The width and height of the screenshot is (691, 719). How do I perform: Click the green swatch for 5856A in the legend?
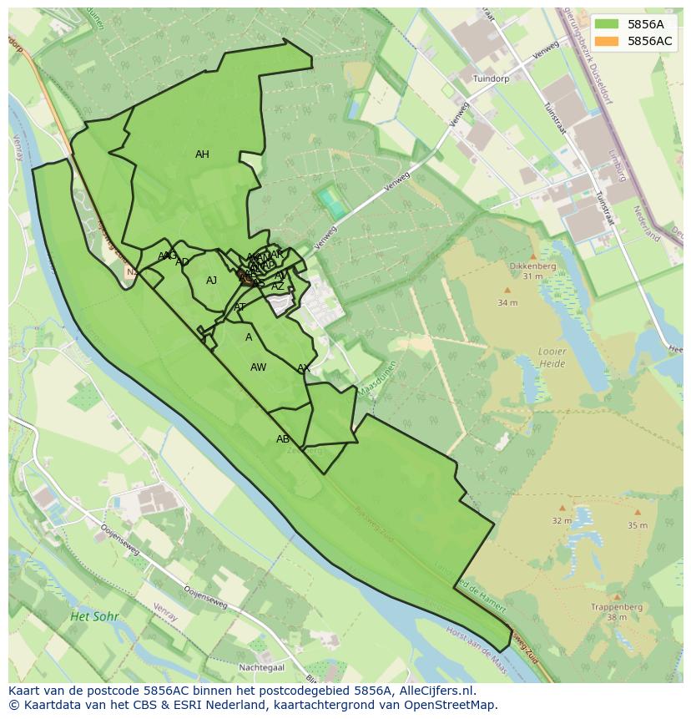607,24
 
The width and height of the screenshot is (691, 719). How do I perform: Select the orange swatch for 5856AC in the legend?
607,41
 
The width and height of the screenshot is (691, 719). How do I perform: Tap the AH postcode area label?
202,154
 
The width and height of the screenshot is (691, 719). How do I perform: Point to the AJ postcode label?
211,281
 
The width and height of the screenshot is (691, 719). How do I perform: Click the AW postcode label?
258,367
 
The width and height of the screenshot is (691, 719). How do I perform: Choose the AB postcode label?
283,439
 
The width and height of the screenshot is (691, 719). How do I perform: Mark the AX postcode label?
304,368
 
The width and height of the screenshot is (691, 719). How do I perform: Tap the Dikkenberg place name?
532,266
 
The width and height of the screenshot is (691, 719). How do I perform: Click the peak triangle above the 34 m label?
507,291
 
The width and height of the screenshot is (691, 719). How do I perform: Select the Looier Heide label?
551,358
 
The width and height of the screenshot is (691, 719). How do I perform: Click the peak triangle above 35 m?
638,512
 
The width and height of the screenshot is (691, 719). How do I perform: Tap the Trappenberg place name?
616,607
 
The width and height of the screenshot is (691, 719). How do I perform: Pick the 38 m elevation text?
617,618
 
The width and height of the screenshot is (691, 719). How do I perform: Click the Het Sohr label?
94,616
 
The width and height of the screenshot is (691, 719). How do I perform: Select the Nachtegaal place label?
261,667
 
